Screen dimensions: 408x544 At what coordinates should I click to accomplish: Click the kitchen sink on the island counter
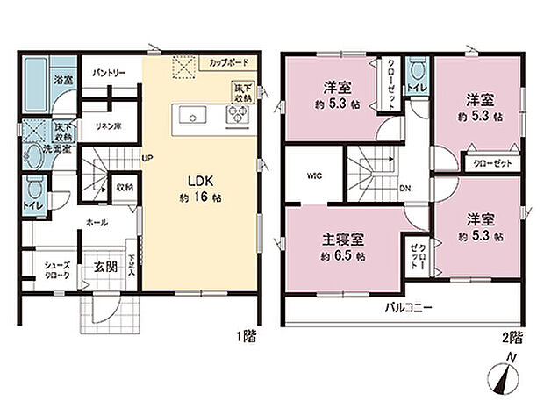192,116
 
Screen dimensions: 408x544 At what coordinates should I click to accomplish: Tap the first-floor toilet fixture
35,188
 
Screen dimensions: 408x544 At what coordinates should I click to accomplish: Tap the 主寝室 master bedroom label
343,238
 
